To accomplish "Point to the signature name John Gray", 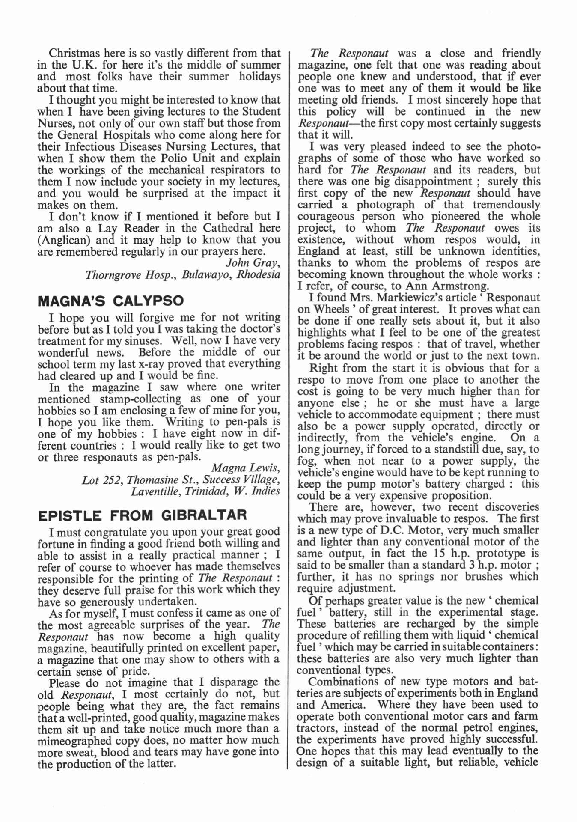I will (253, 262).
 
